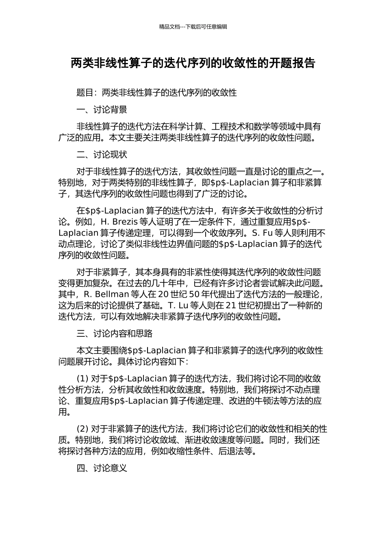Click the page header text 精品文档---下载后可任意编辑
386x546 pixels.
pos(193,27)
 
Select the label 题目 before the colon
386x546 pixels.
pos(85,93)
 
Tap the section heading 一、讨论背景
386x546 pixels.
pos(102,110)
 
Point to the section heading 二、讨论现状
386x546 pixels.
pos(102,155)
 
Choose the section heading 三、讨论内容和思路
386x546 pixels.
pos(115,334)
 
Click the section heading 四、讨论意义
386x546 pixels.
pos(102,468)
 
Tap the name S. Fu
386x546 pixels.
pos(262,233)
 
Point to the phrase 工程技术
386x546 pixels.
pos(235,126)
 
